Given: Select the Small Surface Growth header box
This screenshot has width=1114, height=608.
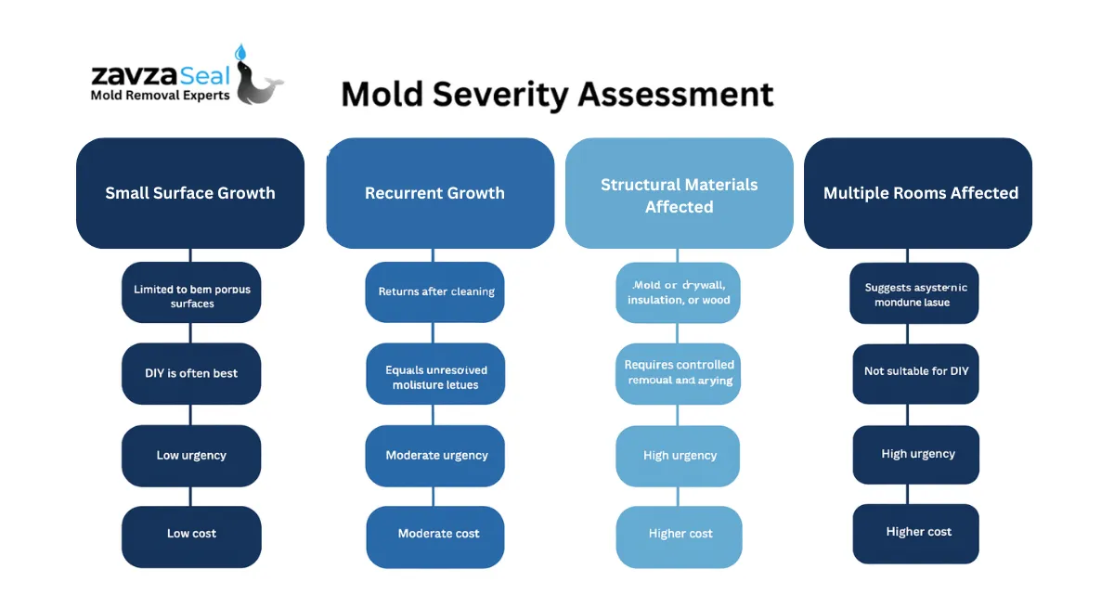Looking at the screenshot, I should click(x=190, y=193).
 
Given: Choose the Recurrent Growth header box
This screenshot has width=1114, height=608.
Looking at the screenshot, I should click(x=439, y=193).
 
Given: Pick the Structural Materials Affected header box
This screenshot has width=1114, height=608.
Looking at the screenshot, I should click(x=679, y=194).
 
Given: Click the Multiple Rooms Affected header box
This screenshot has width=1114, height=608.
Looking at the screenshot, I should click(x=918, y=193).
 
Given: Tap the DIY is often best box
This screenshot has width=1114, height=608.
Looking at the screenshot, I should click(x=191, y=373).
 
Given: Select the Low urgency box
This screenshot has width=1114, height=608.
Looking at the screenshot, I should click(x=191, y=455).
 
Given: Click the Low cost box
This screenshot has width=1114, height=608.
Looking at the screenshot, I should click(x=191, y=534).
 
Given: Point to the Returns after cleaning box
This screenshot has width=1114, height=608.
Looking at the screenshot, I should click(x=435, y=291).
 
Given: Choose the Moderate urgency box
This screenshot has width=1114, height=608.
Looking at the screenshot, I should click(x=435, y=455).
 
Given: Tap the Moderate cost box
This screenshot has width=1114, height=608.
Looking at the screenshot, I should click(x=436, y=534).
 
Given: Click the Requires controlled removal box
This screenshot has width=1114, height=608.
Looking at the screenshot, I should click(x=679, y=372).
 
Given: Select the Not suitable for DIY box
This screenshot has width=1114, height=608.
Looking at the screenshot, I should click(x=915, y=371).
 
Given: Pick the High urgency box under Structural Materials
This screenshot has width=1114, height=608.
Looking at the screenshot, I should click(x=679, y=455).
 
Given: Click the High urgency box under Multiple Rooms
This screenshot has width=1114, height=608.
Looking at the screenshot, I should click(x=916, y=454).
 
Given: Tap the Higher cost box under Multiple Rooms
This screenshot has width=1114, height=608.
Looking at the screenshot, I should click(x=916, y=532).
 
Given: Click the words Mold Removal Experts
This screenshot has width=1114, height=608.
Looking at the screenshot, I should click(x=160, y=95).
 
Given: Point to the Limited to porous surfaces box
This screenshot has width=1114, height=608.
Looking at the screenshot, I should click(x=191, y=296).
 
